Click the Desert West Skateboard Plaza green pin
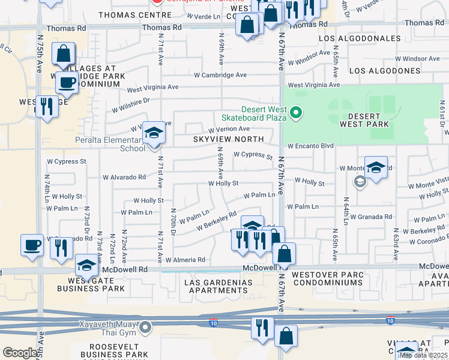(x=295, y=113)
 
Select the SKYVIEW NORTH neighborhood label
(x=228, y=139)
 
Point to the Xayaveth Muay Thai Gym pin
(x=147, y=327)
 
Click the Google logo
(x=20, y=353)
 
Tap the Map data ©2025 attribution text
(x=423, y=355)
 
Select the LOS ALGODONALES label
(x=360, y=38)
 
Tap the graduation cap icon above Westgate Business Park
(x=86, y=265)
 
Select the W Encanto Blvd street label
(x=310, y=146)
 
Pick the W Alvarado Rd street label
(x=124, y=178)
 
